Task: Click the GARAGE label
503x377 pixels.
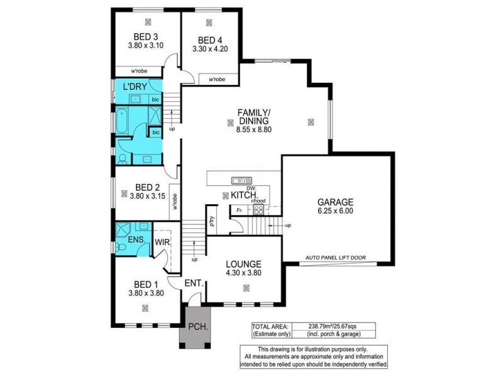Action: click(335, 202)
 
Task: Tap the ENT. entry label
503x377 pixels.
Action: click(193, 284)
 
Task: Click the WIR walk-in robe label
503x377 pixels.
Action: click(162, 241)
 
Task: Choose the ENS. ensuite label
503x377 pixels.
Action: click(136, 240)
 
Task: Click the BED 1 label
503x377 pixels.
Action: click(145, 283)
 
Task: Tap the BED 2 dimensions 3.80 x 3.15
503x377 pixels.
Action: click(145, 196)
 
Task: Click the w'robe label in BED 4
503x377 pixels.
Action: click(217, 79)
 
